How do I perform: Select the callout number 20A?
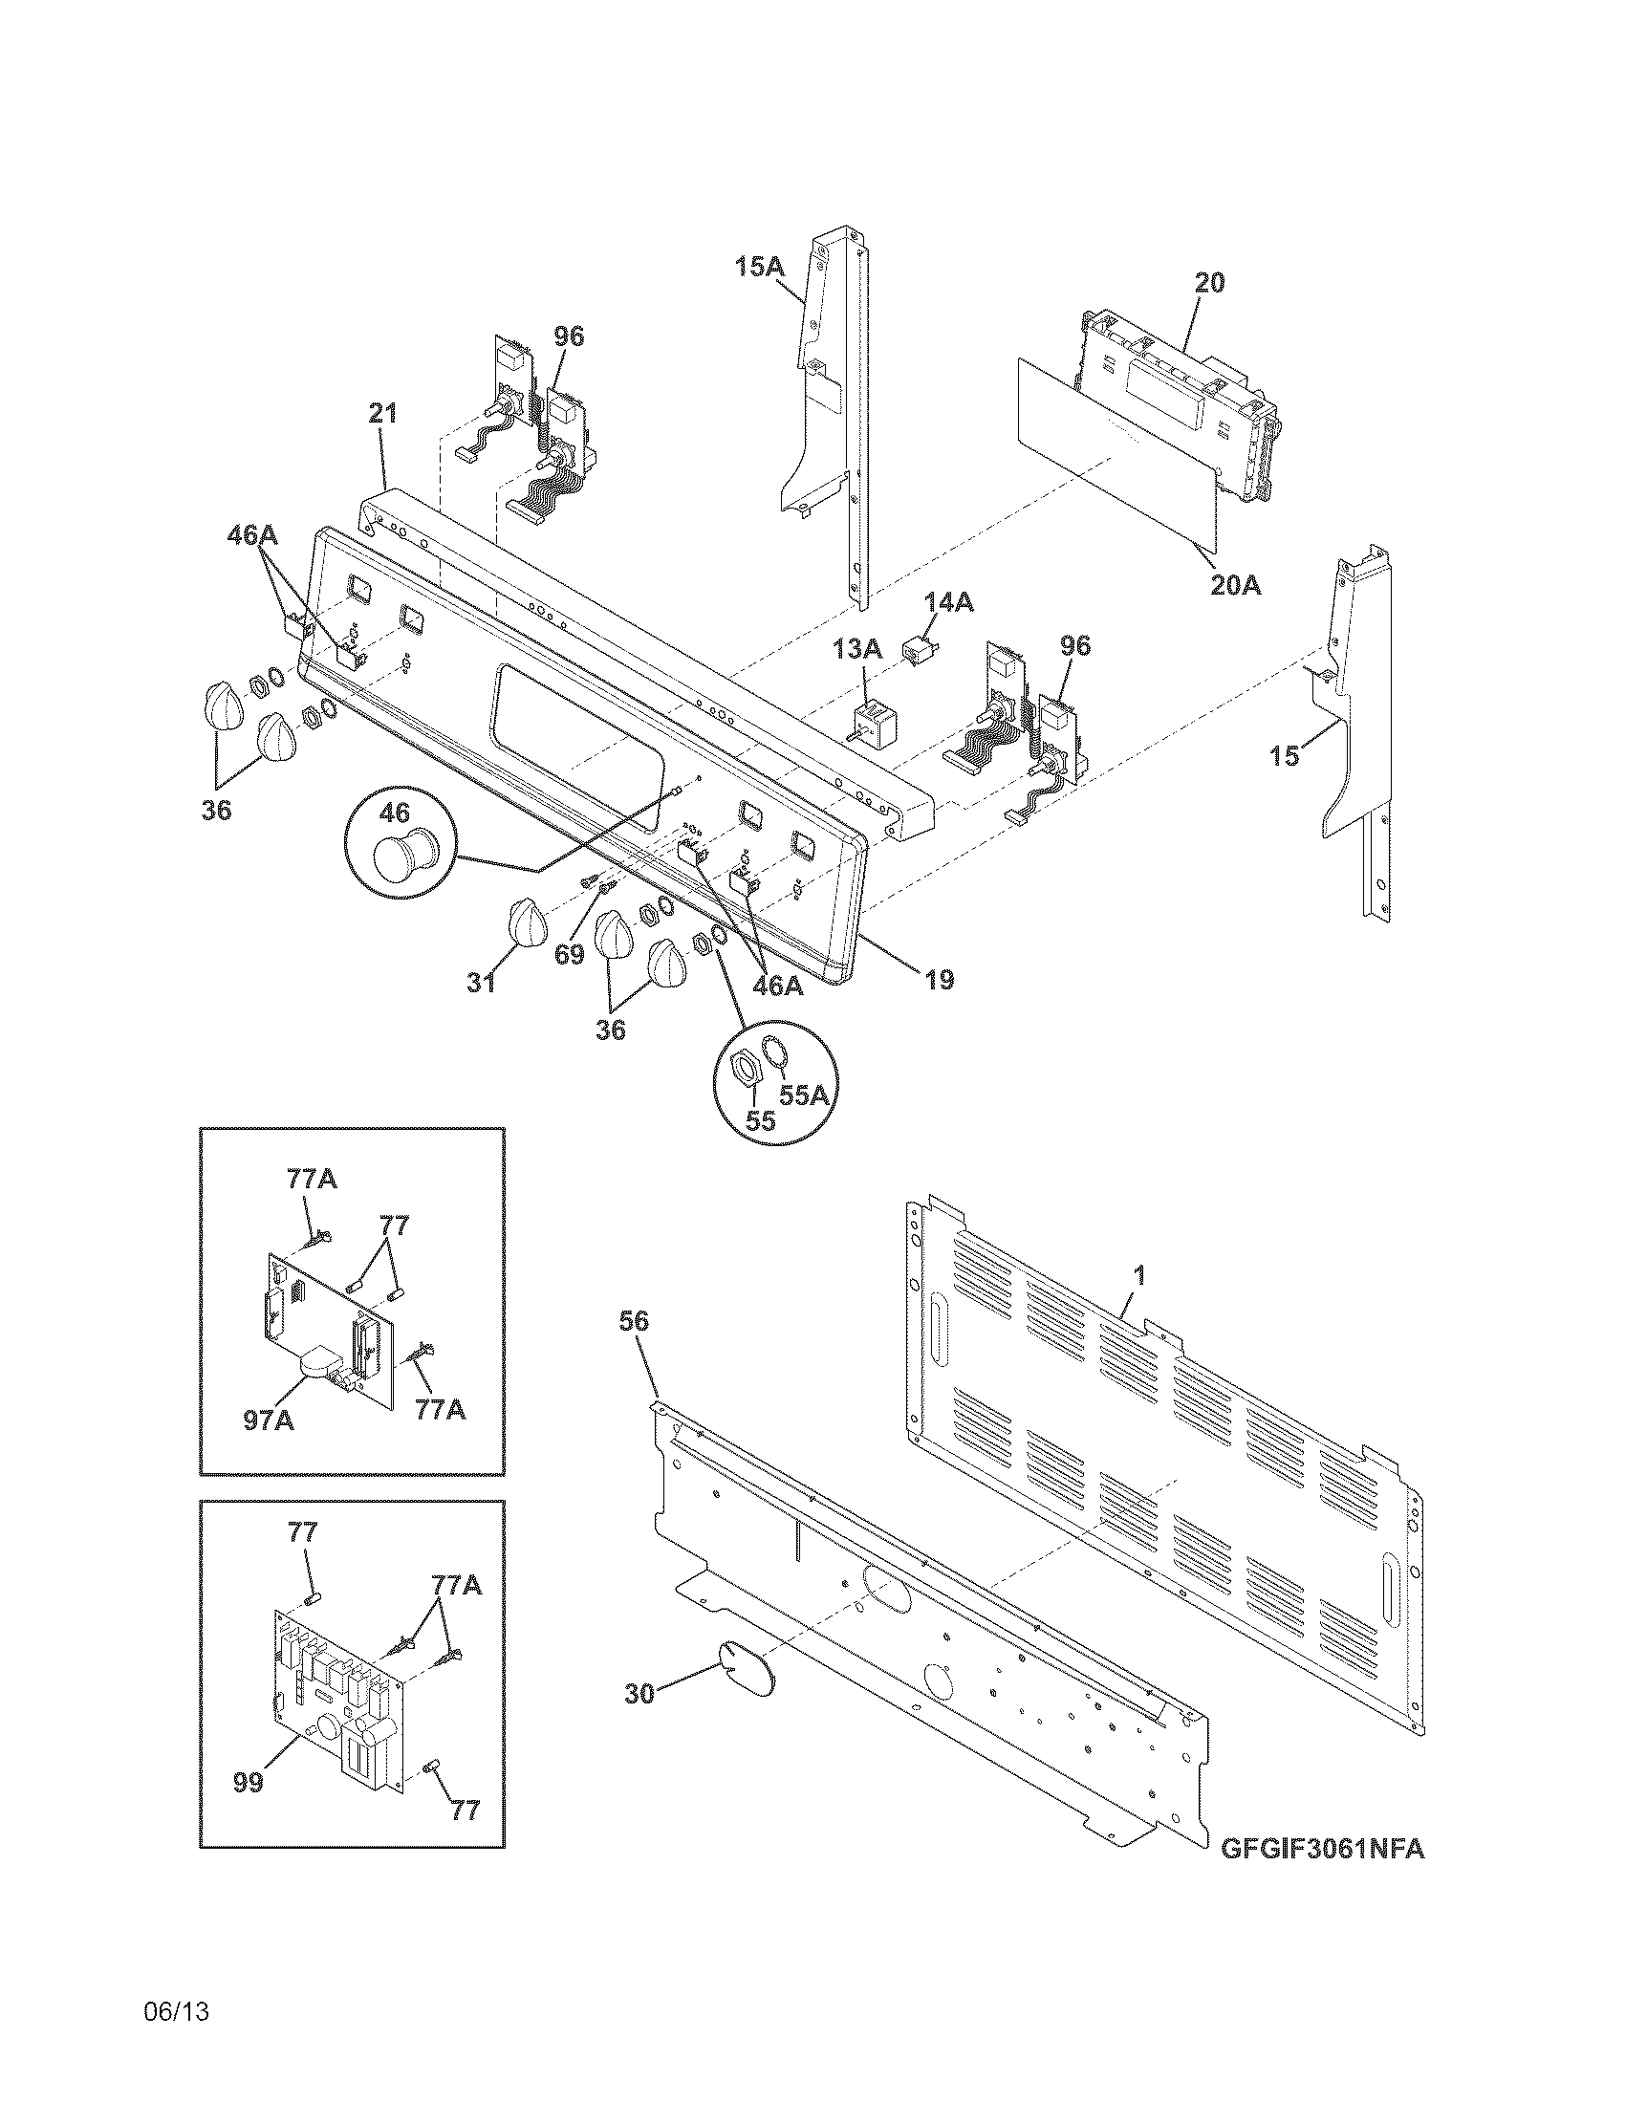1235,583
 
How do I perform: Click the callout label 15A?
760,266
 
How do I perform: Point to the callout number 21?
383,414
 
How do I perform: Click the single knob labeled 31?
526,925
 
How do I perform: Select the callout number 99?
249,1783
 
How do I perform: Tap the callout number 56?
635,1322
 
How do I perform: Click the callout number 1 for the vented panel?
1138,1276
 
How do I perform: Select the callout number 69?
569,954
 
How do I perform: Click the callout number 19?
939,980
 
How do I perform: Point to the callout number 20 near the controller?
1210,283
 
